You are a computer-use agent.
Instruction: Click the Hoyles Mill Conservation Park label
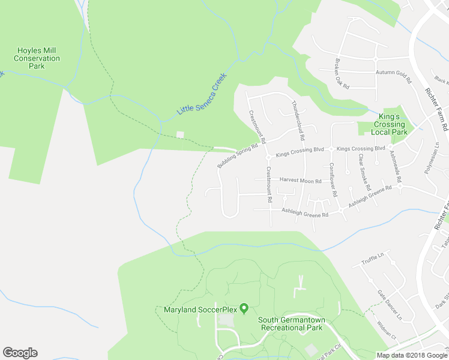tap(37, 58)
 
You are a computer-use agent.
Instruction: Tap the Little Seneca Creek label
tap(202, 95)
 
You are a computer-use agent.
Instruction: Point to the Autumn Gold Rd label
tap(393, 73)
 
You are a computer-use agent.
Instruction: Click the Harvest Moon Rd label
tap(300, 181)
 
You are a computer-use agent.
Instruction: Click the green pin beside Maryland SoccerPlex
tap(244, 308)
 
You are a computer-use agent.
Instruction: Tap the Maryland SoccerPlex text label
tap(200, 310)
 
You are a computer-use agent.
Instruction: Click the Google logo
tap(20, 353)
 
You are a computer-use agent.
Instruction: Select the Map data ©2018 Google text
tap(412, 355)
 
